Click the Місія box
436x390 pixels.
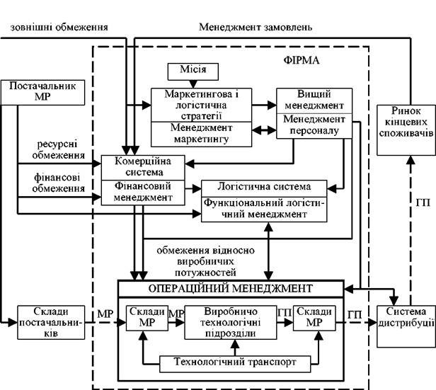pyautogui.click(x=193, y=71)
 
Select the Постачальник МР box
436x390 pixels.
pyautogui.click(x=42, y=93)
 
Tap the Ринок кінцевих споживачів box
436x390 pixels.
pyautogui.click(x=406, y=130)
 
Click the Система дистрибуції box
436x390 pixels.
pyautogui.click(x=406, y=326)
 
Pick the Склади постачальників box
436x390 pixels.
pyautogui.click(x=51, y=323)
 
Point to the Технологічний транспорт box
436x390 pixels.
pyautogui.click(x=235, y=364)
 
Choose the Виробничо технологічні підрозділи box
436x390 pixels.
pyautogui.click(x=231, y=323)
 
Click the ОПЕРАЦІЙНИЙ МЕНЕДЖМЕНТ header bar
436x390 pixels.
pyautogui.click(x=231, y=289)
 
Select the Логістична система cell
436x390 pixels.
pyautogui.click(x=264, y=188)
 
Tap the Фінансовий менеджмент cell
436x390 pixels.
pyautogui.click(x=143, y=193)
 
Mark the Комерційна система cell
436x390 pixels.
pyautogui.click(x=143, y=168)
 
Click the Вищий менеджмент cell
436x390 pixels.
pyautogui.click(x=314, y=101)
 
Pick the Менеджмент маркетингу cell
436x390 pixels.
pyautogui.click(x=201, y=134)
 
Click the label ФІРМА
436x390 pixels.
pyautogui.click(x=302, y=60)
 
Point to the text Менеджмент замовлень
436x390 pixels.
pyautogui.click(x=256, y=27)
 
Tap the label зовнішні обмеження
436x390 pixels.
pyautogui.click(x=59, y=27)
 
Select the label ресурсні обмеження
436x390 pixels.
pyautogui.click(x=58, y=149)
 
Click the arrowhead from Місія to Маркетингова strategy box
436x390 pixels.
pyautogui.click(x=193, y=84)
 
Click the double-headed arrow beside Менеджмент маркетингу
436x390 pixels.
pyautogui.click(x=264, y=130)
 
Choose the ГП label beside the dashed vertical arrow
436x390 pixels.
pyautogui.click(x=423, y=202)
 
